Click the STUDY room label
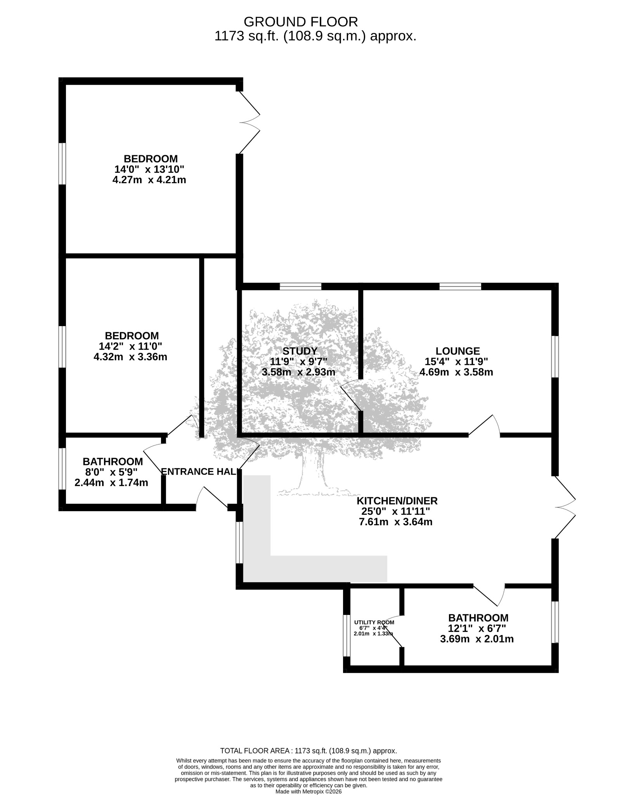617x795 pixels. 300,351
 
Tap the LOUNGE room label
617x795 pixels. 458,351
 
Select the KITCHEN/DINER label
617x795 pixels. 397,501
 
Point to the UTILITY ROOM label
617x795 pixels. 374,622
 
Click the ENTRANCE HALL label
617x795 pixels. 199,472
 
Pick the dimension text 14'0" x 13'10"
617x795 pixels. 149,169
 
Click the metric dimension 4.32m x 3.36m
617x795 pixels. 130,357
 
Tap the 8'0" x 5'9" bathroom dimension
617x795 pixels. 111,472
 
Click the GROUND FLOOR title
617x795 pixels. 301,21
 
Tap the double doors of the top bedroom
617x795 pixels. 249,122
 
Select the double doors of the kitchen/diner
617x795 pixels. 565,507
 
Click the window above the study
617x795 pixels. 300,286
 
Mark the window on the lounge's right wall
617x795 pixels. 555,356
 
